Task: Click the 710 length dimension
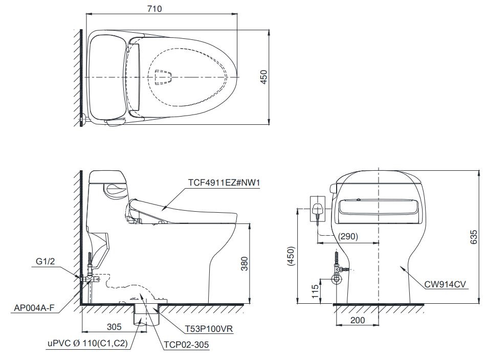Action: [161, 9]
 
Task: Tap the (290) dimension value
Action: [348, 237]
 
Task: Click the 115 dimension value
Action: [314, 291]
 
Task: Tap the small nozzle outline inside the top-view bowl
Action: [163, 77]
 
